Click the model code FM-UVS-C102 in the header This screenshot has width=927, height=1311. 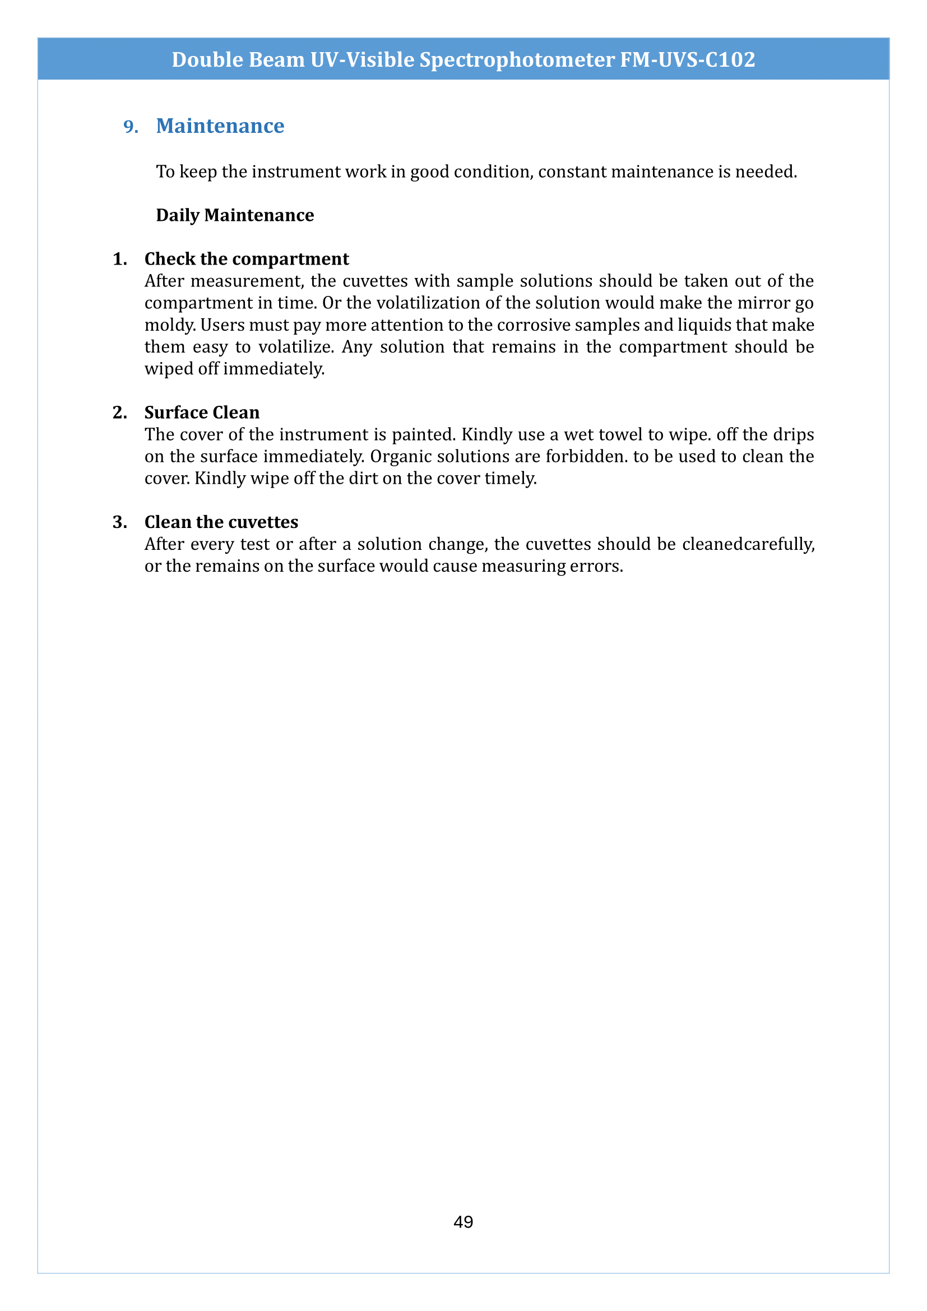687,59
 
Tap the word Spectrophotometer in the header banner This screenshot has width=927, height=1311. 517,59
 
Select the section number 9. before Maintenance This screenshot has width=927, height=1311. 131,126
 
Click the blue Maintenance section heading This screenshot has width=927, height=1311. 220,126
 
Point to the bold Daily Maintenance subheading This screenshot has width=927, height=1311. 235,215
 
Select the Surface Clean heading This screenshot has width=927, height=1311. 202,413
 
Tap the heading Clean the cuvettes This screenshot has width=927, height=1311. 221,522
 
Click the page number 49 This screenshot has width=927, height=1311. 463,1221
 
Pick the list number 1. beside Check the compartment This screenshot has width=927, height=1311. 120,260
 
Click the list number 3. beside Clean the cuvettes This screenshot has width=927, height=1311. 120,522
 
